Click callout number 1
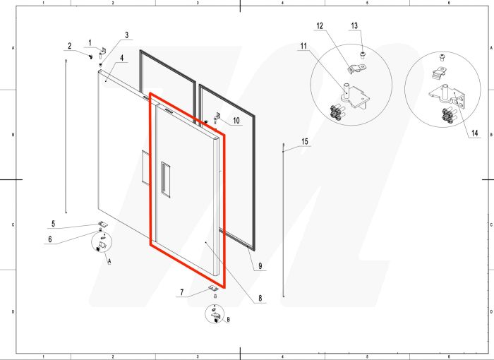click(x=90, y=42)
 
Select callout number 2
click(x=70, y=46)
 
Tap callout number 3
click(x=126, y=35)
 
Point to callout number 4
click(x=121, y=58)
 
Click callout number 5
click(x=53, y=224)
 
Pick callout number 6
click(x=50, y=239)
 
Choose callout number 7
click(x=182, y=292)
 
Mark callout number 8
click(x=260, y=298)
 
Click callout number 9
click(x=260, y=266)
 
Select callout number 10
click(x=236, y=121)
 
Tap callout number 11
click(x=303, y=47)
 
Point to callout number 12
click(x=320, y=26)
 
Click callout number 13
click(x=354, y=26)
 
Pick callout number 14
click(x=475, y=133)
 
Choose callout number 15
click(x=305, y=142)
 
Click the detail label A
click(x=109, y=261)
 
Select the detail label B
click(x=228, y=320)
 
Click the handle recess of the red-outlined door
click(x=166, y=179)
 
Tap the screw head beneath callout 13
click(x=362, y=56)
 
